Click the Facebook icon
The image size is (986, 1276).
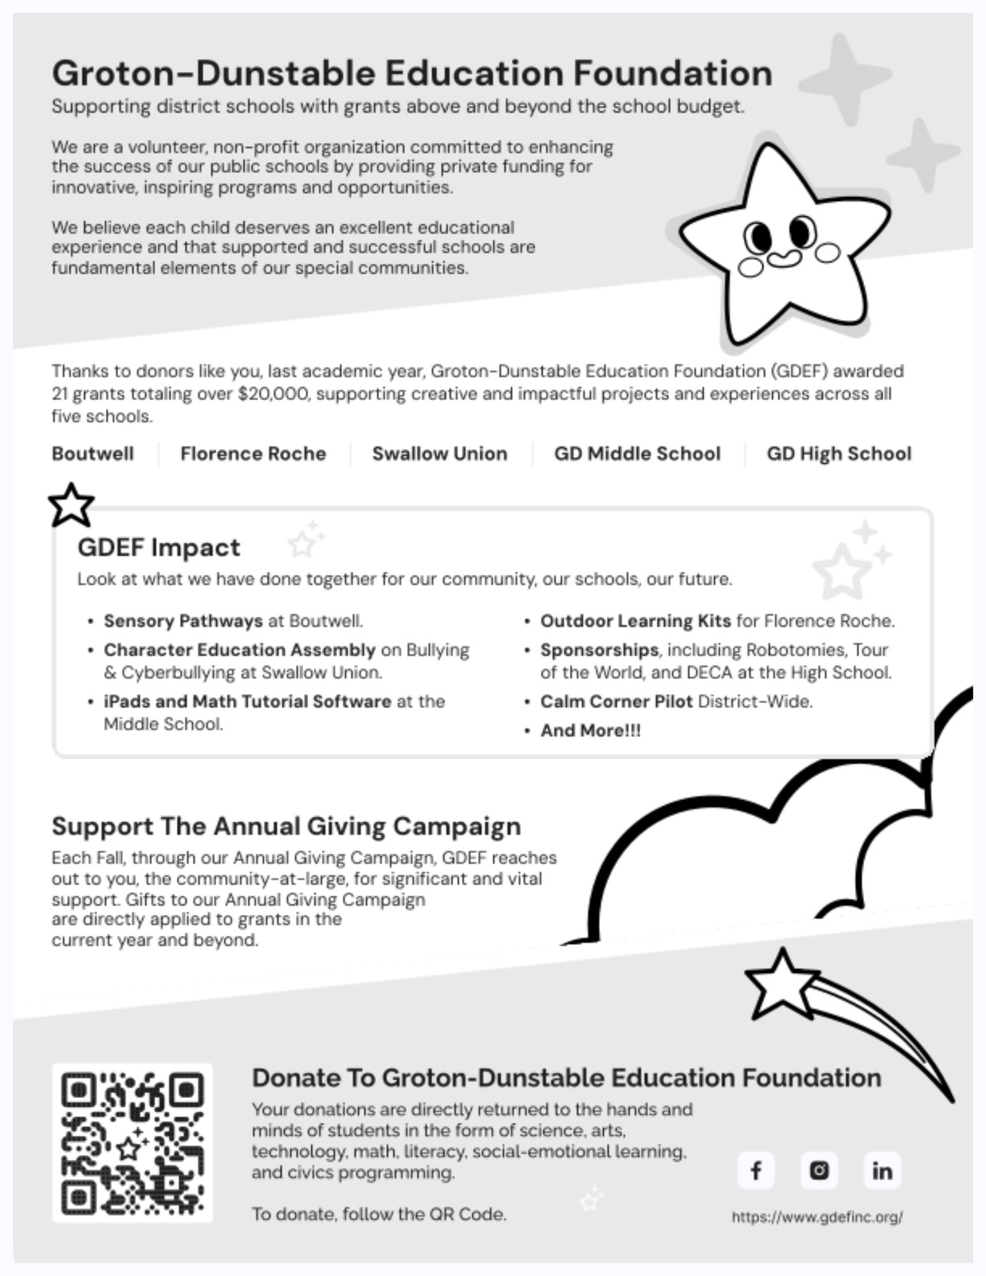point(756,1171)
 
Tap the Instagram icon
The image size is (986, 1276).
point(819,1171)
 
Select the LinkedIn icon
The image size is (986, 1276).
point(882,1171)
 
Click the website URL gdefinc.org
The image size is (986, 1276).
point(817,1217)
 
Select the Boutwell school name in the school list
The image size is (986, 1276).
point(93,454)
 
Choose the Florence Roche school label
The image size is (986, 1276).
point(253,454)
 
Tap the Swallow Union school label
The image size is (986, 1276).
point(440,454)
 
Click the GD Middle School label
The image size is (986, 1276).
point(637,454)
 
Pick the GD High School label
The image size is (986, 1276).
point(839,454)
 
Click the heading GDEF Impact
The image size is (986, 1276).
point(159,547)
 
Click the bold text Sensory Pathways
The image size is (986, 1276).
point(183,621)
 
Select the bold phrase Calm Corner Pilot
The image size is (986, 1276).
point(616,702)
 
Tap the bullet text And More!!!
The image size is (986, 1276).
point(590,731)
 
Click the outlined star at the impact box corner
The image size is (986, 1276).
point(71,505)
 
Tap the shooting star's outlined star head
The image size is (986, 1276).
point(780,983)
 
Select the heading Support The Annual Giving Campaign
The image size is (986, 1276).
point(286,826)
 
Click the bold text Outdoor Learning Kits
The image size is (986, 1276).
point(635,621)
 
